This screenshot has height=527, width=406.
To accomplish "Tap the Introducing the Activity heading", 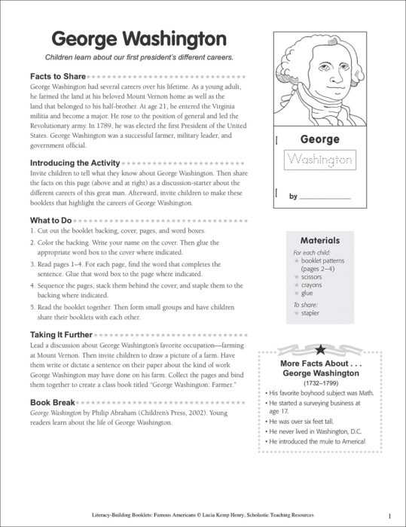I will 75,163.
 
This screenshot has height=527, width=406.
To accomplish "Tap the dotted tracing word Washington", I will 319,160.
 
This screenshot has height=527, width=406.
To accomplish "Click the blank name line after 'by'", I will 325,197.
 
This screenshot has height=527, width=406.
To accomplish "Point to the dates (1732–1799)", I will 322,382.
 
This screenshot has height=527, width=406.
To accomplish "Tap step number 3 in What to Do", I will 32,265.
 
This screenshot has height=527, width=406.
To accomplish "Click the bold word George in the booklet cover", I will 319,139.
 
